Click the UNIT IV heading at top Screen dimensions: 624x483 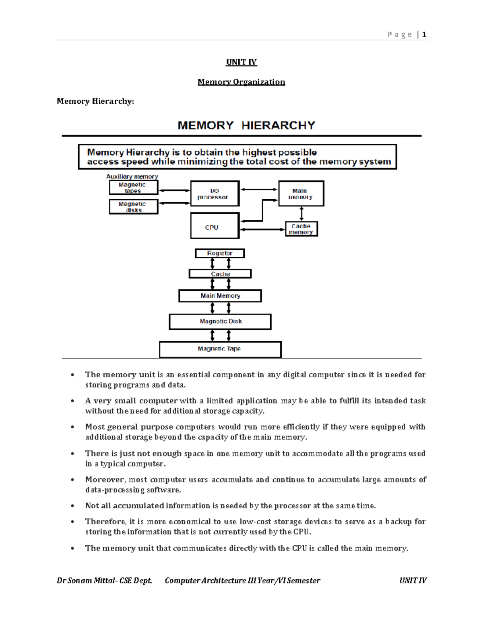(x=241, y=62)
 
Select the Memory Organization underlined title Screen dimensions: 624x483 (x=241, y=82)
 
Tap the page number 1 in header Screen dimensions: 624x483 (x=424, y=35)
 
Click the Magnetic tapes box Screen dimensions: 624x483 (x=133, y=188)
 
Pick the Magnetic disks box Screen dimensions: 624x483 (x=133, y=207)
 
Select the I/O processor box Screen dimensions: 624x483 (x=215, y=194)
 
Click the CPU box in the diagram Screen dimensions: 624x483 (x=215, y=226)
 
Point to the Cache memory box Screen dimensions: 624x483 (x=301, y=229)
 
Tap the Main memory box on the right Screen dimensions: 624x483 (x=301, y=194)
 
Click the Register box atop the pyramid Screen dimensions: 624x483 (x=220, y=253)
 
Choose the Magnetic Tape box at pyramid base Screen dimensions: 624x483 (x=220, y=349)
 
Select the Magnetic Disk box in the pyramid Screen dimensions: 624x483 (x=220, y=321)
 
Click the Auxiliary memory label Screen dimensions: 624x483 (x=132, y=176)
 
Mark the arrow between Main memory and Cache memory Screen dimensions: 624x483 (x=301, y=214)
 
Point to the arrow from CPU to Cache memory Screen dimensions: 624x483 (x=262, y=229)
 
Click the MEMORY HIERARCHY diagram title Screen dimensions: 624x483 (x=246, y=125)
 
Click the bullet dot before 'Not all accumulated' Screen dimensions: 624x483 (x=72, y=506)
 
